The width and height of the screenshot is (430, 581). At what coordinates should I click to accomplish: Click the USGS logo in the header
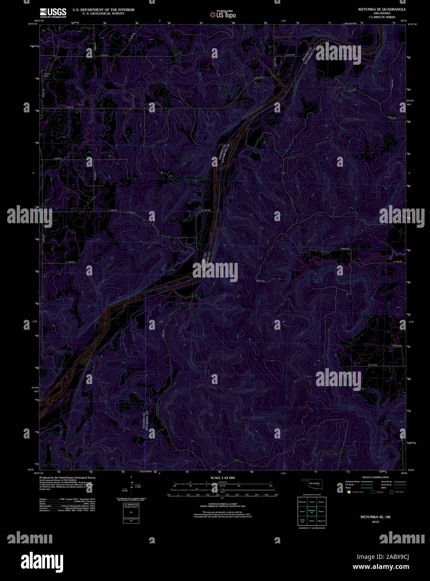[53, 13]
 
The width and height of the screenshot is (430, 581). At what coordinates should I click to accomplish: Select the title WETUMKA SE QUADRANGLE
[376, 9]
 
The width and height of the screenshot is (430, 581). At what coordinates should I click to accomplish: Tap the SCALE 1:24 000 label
[223, 478]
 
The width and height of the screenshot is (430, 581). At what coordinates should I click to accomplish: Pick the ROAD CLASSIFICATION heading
[371, 477]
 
